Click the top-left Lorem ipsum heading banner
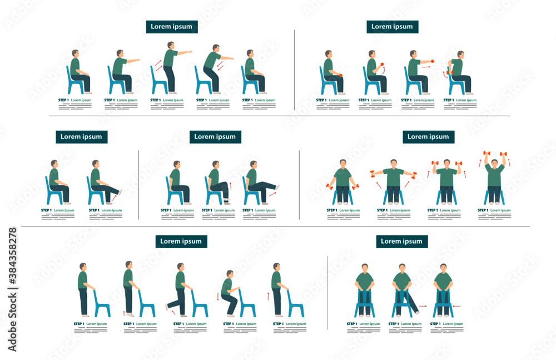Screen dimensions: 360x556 click(x=172, y=27)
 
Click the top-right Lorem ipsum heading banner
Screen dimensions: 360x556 click(x=392, y=26)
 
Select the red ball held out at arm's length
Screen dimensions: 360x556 click(x=432, y=61)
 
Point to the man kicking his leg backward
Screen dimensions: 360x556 click(x=178, y=289)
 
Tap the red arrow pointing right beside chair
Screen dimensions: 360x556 click(x=423, y=306)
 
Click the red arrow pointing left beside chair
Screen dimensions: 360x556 click(x=456, y=306)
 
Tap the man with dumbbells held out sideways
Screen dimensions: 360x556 click(x=393, y=181)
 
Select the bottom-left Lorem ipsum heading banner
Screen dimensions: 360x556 click(x=181, y=241)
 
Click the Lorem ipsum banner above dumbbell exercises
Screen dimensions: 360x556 click(x=429, y=137)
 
